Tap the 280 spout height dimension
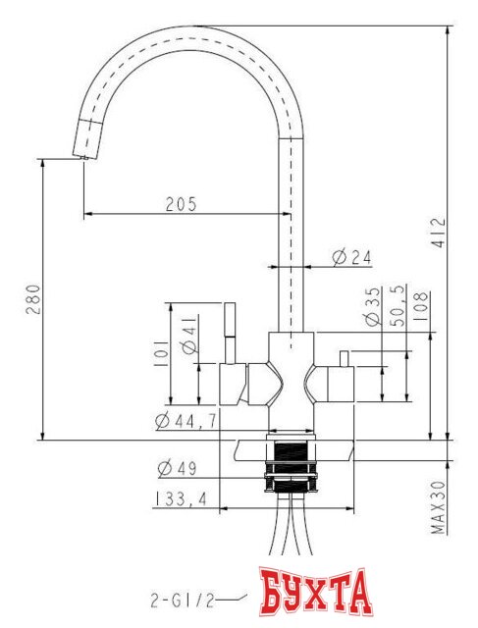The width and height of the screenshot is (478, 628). coord(31,298)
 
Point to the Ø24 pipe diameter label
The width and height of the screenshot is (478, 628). coord(350,257)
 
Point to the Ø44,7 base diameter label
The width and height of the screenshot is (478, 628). coord(186,421)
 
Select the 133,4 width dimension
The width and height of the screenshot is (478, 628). coord(180,499)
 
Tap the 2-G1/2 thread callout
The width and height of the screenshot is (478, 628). coord(181,597)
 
